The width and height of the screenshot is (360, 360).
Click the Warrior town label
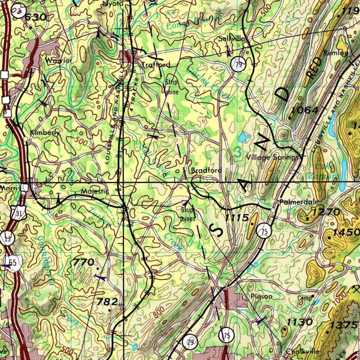(x=59, y=60)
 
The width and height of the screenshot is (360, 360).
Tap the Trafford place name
(x=156, y=65)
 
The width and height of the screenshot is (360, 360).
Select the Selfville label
(x=233, y=39)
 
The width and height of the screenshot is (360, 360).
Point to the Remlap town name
(x=336, y=53)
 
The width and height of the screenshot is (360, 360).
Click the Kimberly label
(x=45, y=133)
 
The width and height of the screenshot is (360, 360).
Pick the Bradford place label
(x=206, y=171)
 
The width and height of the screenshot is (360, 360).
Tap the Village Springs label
(x=272, y=157)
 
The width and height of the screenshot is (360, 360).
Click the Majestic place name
(x=93, y=192)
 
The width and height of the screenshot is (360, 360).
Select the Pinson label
(x=262, y=296)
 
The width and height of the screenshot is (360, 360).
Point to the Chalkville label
(x=302, y=351)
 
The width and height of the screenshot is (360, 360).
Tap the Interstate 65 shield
(x=13, y=263)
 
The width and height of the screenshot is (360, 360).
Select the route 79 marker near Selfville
(x=238, y=65)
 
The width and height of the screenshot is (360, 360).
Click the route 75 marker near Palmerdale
(x=264, y=231)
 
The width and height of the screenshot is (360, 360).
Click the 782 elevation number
(x=107, y=302)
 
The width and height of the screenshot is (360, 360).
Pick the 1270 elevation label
(x=326, y=212)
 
